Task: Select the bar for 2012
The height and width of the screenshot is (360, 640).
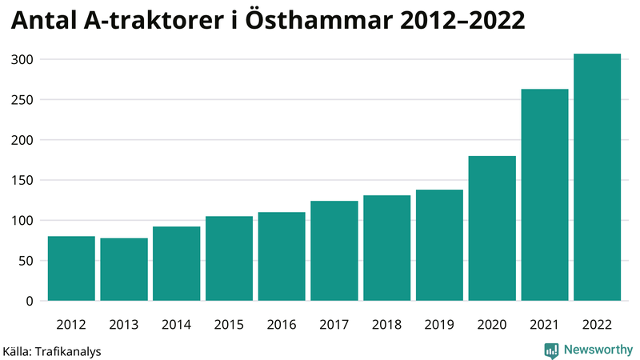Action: (71, 269)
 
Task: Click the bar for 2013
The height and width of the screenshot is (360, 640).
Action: (124, 270)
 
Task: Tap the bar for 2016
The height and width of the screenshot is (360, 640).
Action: (282, 257)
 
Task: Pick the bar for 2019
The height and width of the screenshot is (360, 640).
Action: (439, 246)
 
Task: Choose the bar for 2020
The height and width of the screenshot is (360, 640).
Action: (492, 229)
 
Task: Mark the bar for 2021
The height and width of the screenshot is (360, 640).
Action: (544, 195)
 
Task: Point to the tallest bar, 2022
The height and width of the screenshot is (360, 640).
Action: (597, 178)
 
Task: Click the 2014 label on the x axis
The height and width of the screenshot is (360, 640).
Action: (176, 324)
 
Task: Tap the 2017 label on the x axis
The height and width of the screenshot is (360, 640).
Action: (334, 324)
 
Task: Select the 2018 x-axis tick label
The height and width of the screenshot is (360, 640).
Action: (386, 324)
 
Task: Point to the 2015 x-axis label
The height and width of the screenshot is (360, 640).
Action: (229, 324)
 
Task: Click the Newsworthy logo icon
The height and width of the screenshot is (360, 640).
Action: (551, 350)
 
